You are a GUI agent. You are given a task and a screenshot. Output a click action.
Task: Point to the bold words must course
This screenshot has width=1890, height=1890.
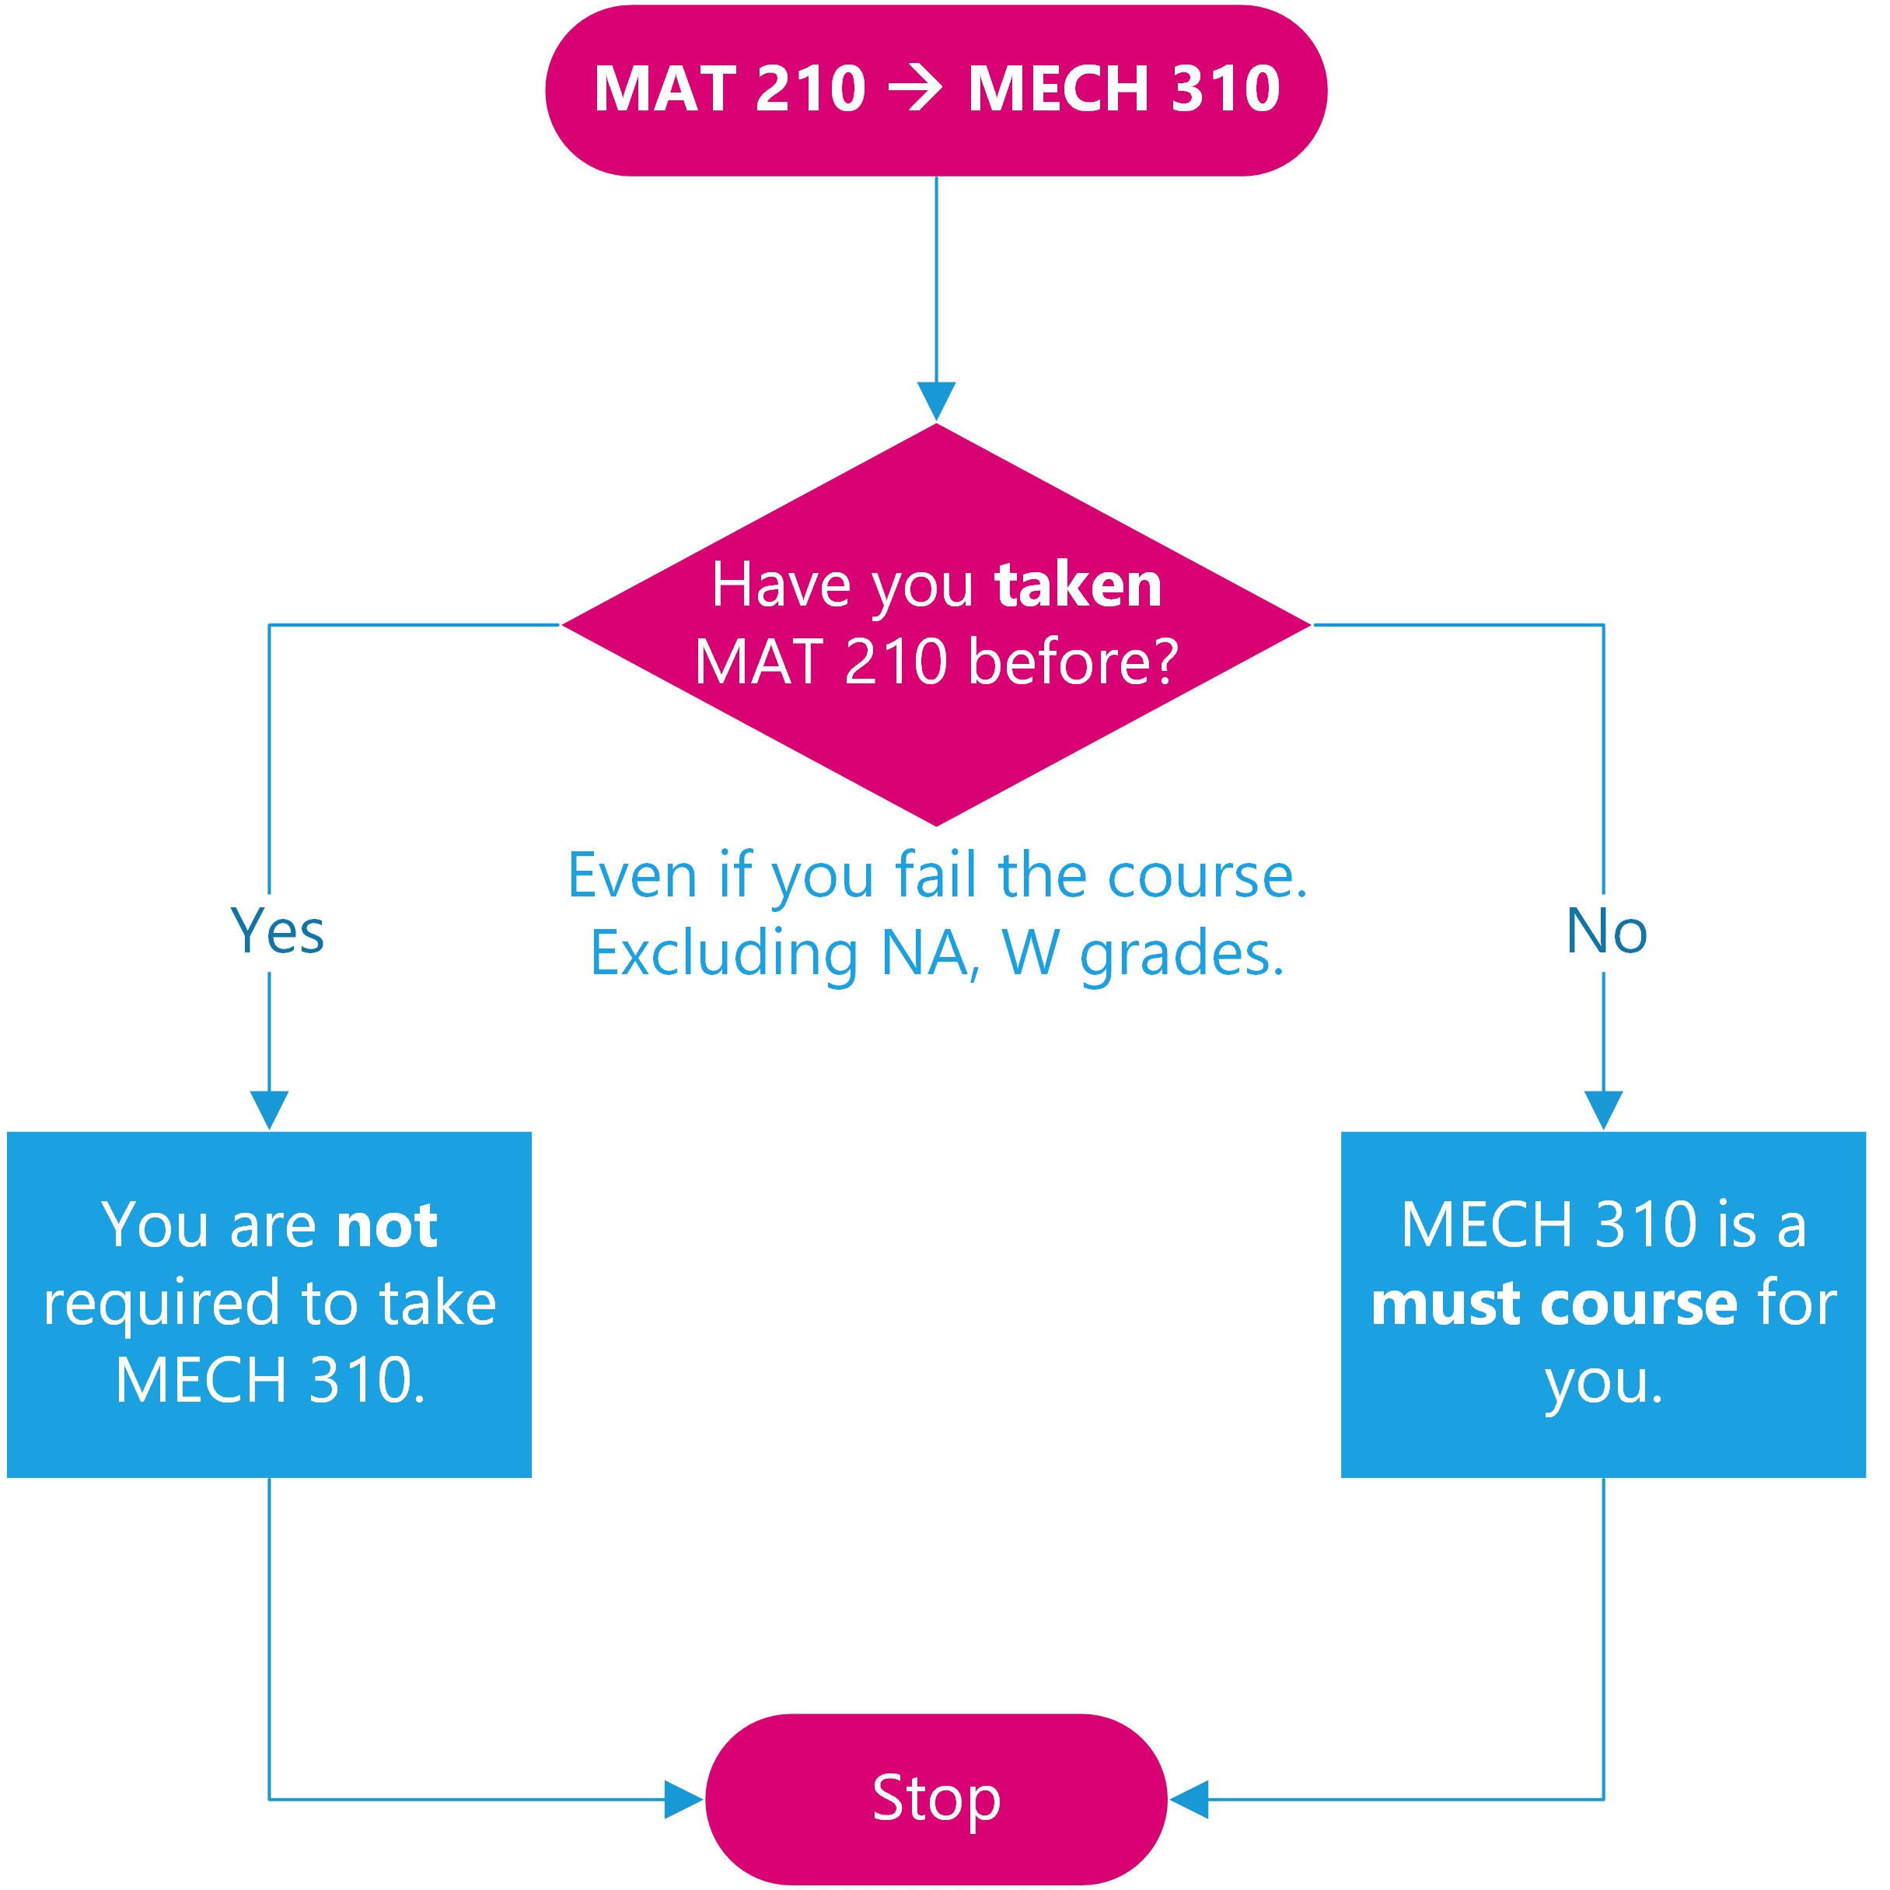coord(1553,1303)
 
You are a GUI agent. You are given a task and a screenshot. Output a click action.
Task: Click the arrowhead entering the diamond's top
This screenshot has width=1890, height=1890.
coord(936,401)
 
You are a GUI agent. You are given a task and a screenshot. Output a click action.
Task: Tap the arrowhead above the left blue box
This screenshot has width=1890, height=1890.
coord(269,1109)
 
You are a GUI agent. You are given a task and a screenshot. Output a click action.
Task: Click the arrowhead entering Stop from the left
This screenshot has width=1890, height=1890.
coord(683,1799)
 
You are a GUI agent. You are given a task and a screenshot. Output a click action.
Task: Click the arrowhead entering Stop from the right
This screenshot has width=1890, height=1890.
coord(1190,1799)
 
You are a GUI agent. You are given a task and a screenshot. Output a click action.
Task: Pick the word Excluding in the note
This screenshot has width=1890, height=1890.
coord(724,953)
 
